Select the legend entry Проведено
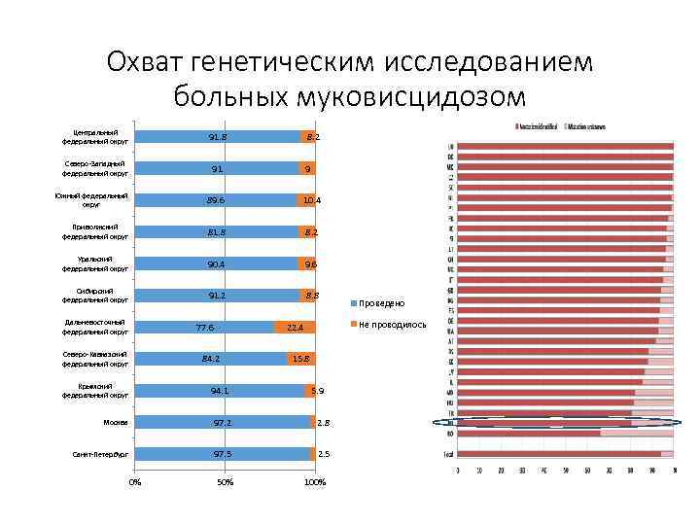tap(390, 302)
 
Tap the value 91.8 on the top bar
tap(218, 137)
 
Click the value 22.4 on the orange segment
tap(295, 328)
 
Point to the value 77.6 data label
tap(204, 328)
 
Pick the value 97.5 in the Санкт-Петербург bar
tap(223, 454)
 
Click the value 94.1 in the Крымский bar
tap(220, 391)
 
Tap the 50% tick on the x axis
tap(225, 483)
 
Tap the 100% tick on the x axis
tap(314, 483)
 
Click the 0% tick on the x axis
tap(135, 483)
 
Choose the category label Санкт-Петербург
tap(100, 454)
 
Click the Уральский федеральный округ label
tap(95, 263)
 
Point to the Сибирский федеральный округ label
tap(95, 296)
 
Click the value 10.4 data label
tap(311, 200)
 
